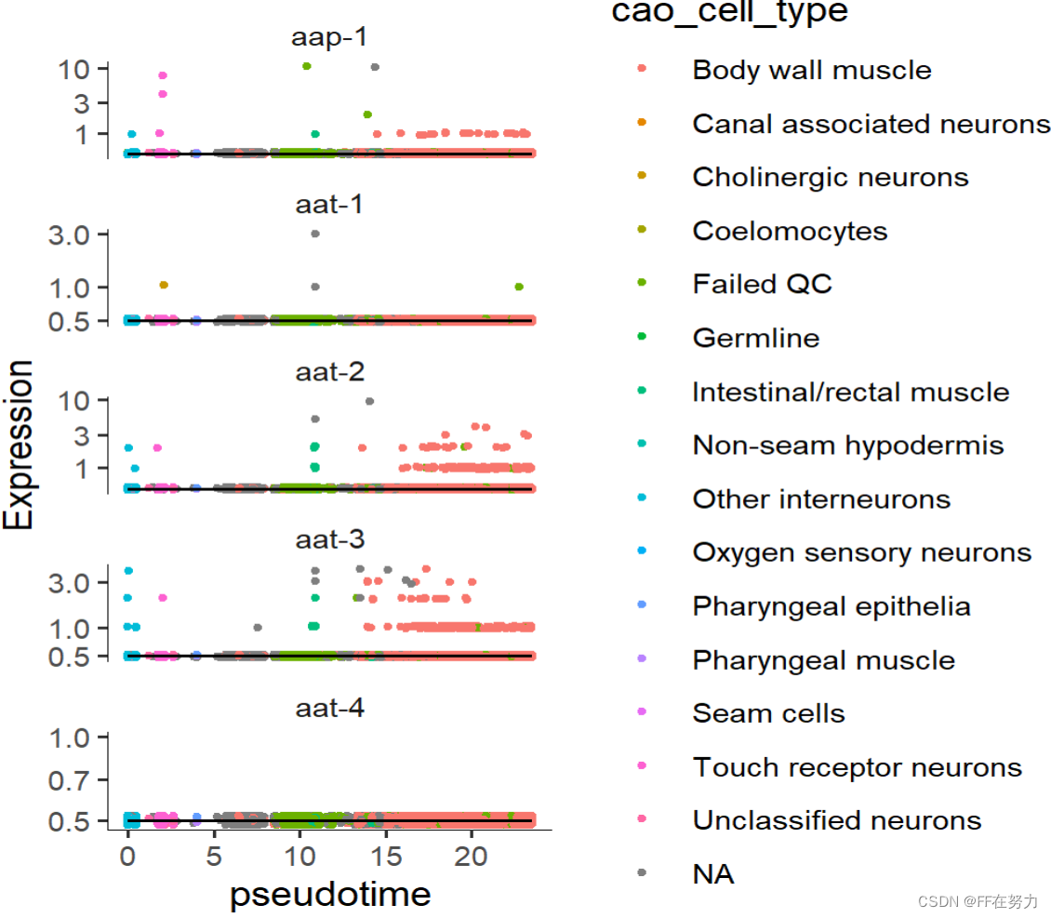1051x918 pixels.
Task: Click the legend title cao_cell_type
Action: click(x=729, y=12)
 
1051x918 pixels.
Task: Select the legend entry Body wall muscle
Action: click(x=811, y=70)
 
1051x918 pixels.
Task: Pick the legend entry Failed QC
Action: click(x=762, y=284)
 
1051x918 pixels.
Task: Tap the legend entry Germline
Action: click(x=755, y=338)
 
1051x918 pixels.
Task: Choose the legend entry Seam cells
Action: click(x=768, y=713)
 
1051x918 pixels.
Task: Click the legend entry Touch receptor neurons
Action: click(x=857, y=767)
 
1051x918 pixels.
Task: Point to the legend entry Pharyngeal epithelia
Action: click(x=831, y=606)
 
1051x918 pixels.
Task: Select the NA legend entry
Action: click(x=712, y=874)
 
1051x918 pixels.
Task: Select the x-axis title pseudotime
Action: click(x=330, y=894)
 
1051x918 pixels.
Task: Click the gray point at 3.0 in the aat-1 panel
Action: click(x=315, y=233)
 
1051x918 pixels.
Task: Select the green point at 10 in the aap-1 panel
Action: click(x=306, y=66)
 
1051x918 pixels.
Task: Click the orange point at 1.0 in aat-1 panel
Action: click(x=164, y=285)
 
